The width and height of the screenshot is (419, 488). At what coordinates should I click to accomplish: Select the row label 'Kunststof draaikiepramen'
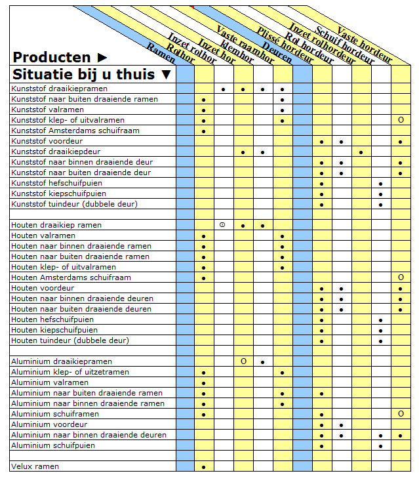click(x=59, y=89)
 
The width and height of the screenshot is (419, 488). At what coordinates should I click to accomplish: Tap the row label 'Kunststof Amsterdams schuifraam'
click(x=66, y=131)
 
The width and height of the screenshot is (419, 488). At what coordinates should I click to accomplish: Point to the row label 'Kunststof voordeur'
click(x=43, y=141)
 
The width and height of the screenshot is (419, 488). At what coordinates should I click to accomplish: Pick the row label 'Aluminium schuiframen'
click(x=55, y=414)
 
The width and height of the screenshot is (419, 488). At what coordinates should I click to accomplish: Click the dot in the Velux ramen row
click(x=204, y=467)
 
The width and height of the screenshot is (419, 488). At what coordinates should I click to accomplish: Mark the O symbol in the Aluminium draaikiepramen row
click(x=243, y=361)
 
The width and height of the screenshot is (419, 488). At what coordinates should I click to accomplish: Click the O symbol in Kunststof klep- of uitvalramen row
click(x=400, y=120)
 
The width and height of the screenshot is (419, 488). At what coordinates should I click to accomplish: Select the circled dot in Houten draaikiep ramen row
click(x=223, y=225)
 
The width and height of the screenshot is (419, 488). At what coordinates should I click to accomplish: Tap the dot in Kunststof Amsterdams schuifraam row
click(x=204, y=131)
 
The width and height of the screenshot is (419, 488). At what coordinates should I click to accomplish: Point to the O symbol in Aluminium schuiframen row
click(x=400, y=414)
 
